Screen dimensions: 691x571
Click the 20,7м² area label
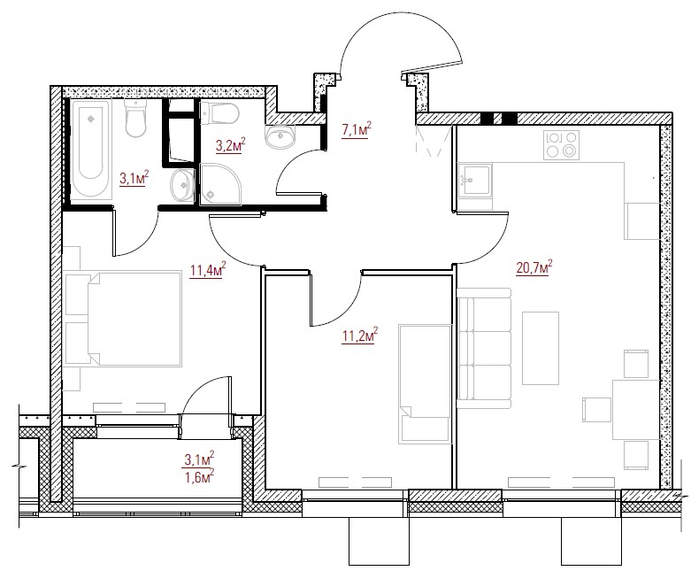(534, 267)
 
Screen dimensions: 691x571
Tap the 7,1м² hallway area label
(356, 129)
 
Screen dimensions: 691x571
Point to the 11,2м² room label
(360, 336)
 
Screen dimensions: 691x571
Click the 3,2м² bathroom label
(230, 145)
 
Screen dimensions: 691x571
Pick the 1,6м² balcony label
(200, 475)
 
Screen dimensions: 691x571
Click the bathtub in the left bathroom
(91, 149)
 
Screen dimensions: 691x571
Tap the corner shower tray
(220, 184)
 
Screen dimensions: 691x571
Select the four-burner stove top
(561, 145)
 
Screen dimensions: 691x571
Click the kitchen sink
(474, 180)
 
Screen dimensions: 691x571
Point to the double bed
(123, 320)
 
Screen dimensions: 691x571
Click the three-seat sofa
(484, 348)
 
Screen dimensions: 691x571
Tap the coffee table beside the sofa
(541, 348)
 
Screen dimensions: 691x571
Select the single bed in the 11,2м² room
(425, 383)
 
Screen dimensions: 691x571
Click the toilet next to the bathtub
(135, 118)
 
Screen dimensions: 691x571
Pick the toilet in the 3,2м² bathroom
(219, 113)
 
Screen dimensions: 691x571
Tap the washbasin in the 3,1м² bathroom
(181, 185)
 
